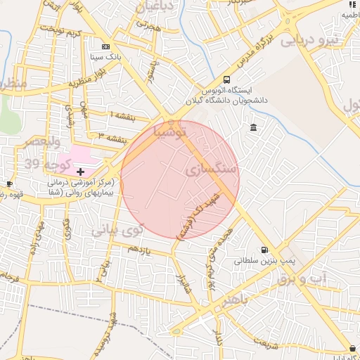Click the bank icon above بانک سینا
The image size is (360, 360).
105,44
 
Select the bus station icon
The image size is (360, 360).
226,80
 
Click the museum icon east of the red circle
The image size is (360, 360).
253,127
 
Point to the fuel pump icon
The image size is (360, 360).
264,249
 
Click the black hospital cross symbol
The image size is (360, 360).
80,171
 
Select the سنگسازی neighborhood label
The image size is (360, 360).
212,170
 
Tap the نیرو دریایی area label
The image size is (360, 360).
310,40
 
